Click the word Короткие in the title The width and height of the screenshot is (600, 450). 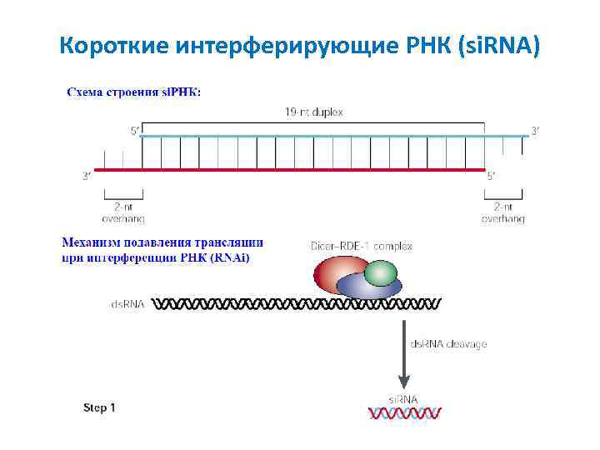[112, 45]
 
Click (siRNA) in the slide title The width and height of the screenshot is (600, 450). [499, 45]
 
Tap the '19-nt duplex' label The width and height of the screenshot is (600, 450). [313, 112]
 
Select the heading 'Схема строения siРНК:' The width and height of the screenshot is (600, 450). [133, 92]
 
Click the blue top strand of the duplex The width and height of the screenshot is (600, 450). [333, 135]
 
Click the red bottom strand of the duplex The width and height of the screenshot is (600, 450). [292, 171]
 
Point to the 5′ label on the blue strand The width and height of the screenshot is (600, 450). [135, 130]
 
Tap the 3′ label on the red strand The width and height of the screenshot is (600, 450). [87, 176]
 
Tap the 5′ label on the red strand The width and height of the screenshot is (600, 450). [492, 176]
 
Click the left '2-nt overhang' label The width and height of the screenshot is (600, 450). [122, 212]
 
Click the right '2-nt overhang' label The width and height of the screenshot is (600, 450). [503, 212]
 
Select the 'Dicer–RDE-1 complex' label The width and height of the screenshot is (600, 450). [361, 246]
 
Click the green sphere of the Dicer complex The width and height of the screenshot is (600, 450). [382, 272]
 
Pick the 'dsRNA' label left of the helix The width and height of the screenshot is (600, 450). [127, 304]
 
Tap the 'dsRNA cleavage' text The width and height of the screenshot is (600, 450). [448, 343]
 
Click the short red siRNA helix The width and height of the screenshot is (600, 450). [404, 412]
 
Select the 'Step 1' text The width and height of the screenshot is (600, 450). [99, 407]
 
